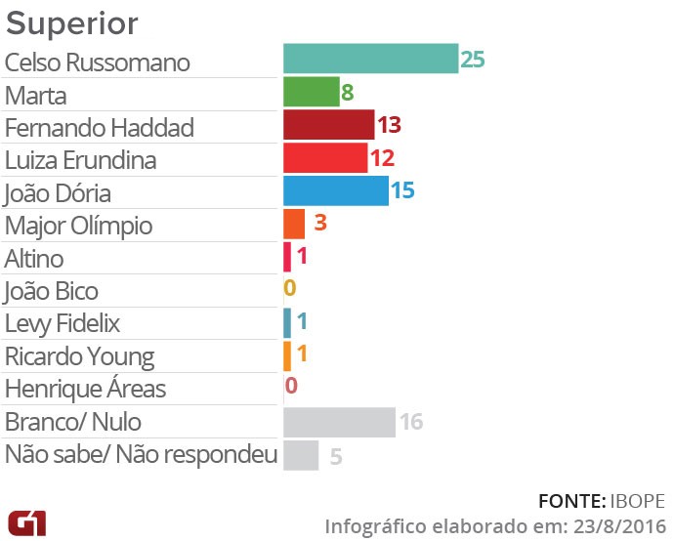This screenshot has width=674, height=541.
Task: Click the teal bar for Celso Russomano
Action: (x=370, y=59)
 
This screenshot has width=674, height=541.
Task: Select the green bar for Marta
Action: (x=311, y=92)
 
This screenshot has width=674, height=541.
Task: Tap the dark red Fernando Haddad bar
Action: (x=328, y=125)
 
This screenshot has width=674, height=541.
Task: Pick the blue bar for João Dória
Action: (x=335, y=190)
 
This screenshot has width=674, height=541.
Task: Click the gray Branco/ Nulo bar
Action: (x=338, y=422)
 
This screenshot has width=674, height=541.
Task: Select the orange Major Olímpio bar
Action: (x=294, y=224)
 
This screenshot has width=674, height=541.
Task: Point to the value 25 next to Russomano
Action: (x=473, y=59)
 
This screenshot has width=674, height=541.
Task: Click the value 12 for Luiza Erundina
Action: (x=382, y=158)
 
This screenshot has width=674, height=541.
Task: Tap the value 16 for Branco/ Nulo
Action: (x=410, y=422)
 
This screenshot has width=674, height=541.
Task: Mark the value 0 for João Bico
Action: (x=289, y=289)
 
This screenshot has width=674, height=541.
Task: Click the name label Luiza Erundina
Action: (x=80, y=159)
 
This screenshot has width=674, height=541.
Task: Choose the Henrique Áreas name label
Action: (x=85, y=389)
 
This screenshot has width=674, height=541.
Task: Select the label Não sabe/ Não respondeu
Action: (x=141, y=454)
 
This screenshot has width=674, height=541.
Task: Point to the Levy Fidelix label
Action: (x=63, y=323)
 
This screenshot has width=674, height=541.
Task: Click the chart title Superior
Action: (x=72, y=22)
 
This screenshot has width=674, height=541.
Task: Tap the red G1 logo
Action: (x=26, y=522)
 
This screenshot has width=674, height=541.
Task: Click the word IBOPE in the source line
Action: (x=639, y=501)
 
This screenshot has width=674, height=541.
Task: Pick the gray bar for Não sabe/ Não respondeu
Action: (x=301, y=455)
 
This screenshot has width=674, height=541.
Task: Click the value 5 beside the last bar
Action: (x=336, y=455)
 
